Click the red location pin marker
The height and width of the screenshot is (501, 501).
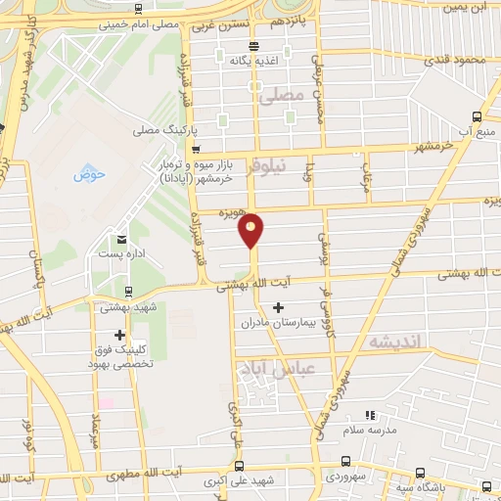click(251, 229)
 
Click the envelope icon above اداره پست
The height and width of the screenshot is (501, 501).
click(122, 239)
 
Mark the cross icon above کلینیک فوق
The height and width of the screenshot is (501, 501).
click(119, 334)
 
